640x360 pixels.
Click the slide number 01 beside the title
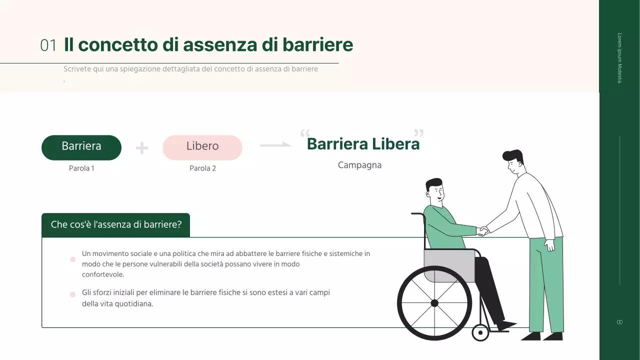[48, 45]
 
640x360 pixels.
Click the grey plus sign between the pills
[142, 148]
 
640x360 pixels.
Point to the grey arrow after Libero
[275, 145]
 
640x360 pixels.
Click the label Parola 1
[81, 168]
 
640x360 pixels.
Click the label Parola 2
[202, 168]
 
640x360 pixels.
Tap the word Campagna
[359, 165]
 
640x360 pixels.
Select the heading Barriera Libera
[363, 144]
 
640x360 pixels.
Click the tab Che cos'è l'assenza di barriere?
[116, 224]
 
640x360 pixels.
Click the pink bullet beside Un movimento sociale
[72, 259]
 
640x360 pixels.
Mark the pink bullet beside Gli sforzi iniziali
[72, 294]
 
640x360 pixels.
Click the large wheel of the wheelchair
[434, 303]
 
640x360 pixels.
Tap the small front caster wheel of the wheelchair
[480, 332]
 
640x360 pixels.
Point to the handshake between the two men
[482, 231]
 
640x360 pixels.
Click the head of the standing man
[513, 162]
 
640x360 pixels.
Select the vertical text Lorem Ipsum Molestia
[619, 58]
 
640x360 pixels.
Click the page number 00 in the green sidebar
[619, 322]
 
